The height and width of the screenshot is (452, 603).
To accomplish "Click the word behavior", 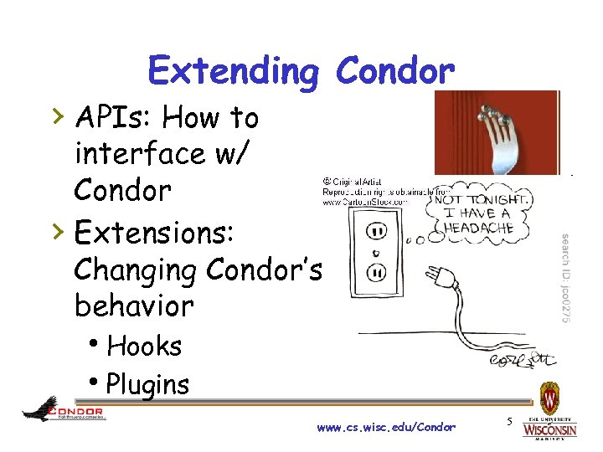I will [x=134, y=306].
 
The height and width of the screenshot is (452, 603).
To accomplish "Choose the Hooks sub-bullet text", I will [x=145, y=345].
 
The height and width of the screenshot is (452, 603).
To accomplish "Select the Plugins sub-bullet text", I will [x=148, y=384].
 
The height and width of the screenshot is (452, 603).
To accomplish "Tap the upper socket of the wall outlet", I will [x=377, y=230].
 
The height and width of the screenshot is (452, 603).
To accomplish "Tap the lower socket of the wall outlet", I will [x=376, y=272].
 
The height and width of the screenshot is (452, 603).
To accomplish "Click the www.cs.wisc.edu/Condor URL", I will [x=386, y=428].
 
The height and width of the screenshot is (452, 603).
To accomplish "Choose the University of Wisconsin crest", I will [x=549, y=395].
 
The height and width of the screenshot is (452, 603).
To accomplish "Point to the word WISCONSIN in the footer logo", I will [x=549, y=430].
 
